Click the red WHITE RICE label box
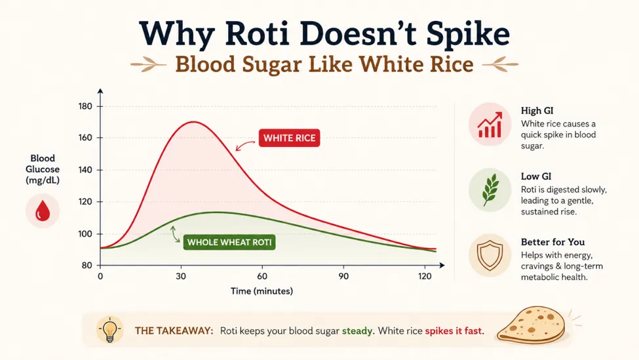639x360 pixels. click(x=289, y=138)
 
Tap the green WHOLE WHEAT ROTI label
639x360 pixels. click(x=229, y=242)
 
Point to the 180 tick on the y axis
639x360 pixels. click(x=85, y=106)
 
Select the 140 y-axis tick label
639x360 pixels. click(x=85, y=170)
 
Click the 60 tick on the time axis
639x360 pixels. click(x=262, y=277)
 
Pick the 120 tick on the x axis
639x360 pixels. click(x=425, y=277)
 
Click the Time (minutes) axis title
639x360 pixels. click(x=261, y=291)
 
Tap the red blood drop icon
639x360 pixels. click(x=43, y=211)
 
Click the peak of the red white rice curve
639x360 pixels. click(x=193, y=121)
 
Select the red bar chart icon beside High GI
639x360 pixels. click(x=490, y=125)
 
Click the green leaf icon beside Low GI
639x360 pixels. click(x=490, y=190)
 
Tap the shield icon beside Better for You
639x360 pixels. click(x=490, y=256)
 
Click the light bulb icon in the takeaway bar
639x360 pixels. click(x=109, y=329)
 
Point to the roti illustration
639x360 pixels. click(x=532, y=325)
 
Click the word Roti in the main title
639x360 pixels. click(x=257, y=33)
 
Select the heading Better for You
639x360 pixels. click(x=552, y=242)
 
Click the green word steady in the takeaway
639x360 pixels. click(x=357, y=330)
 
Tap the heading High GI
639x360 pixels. click(x=537, y=110)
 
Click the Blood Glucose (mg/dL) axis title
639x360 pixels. click(x=43, y=169)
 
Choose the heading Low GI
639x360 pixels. click(x=536, y=176)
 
